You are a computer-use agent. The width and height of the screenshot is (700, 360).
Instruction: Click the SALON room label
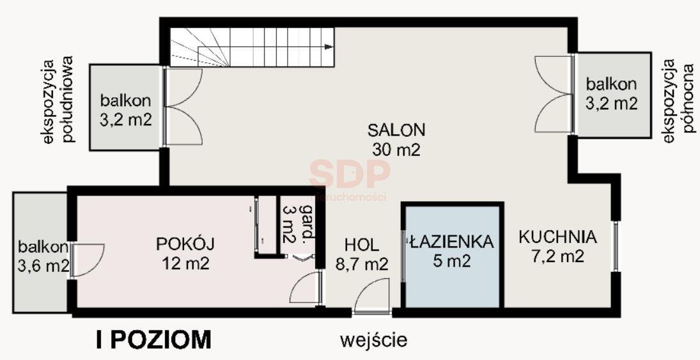click(x=396, y=130)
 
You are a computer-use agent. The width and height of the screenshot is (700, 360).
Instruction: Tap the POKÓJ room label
click(x=185, y=244)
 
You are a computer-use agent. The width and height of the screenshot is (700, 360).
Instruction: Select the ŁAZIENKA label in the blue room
click(x=451, y=242)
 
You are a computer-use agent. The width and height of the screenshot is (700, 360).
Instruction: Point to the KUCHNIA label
click(x=557, y=237)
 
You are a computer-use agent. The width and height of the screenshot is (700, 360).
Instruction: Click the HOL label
click(x=361, y=244)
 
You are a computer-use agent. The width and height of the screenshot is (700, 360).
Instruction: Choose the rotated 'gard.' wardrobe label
click(x=307, y=224)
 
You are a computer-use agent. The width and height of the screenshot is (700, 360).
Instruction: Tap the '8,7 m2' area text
click(x=361, y=264)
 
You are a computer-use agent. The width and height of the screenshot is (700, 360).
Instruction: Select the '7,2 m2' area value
click(x=557, y=256)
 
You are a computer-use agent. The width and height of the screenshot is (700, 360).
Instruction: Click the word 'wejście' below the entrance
click(x=373, y=340)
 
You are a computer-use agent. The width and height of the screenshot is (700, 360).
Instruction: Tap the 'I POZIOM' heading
click(x=153, y=340)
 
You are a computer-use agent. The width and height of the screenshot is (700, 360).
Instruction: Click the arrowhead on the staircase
click(x=329, y=47)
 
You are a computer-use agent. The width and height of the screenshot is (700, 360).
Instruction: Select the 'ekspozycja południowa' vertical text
click(x=58, y=100)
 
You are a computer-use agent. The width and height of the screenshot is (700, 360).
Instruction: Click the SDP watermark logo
click(x=349, y=173)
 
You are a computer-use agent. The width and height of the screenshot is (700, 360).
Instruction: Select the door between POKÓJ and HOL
click(x=306, y=288)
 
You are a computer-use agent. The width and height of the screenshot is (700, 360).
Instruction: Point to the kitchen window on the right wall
click(x=616, y=246)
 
